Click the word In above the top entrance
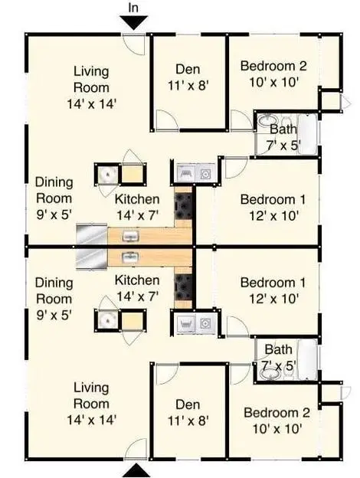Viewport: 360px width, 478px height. (x=133, y=8)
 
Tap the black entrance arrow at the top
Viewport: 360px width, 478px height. (x=134, y=23)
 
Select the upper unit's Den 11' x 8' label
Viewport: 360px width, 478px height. (x=188, y=77)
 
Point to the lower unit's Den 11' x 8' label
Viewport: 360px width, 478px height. (x=188, y=413)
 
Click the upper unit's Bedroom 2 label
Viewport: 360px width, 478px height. (x=273, y=74)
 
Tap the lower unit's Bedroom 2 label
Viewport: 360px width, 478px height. (x=277, y=421)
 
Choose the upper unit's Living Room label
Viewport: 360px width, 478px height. (x=91, y=88)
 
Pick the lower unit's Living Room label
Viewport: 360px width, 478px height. (x=91, y=404)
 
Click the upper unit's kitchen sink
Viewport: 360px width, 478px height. (x=130, y=236)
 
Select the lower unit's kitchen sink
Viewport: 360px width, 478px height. (x=130, y=257)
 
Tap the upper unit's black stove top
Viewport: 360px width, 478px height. (x=183, y=206)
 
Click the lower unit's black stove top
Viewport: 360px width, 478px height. (x=183, y=286)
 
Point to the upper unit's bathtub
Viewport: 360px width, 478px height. (x=307, y=135)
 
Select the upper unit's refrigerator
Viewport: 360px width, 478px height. (x=91, y=234)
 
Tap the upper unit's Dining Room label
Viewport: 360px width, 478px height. (x=54, y=198)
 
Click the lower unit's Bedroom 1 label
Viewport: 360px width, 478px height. (x=273, y=290)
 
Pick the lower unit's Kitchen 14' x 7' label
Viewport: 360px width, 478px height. (x=137, y=288)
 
